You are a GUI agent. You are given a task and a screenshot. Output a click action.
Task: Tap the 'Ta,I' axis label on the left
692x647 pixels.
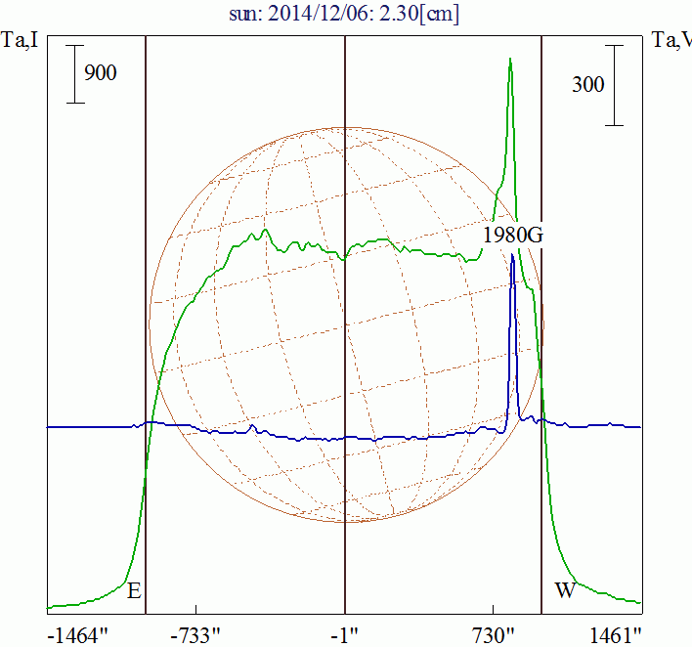tap(20, 41)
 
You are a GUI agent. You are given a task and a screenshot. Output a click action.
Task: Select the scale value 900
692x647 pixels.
tap(101, 72)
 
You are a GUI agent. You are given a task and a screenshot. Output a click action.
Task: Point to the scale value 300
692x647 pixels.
tap(587, 85)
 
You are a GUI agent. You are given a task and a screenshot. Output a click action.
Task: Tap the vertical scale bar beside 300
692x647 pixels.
tap(614, 85)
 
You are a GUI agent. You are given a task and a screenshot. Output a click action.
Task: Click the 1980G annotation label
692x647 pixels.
tap(511, 235)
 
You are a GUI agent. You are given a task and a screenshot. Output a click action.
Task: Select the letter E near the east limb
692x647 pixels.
tap(134, 590)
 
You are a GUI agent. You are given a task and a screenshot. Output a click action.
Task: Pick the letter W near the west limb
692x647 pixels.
tap(564, 590)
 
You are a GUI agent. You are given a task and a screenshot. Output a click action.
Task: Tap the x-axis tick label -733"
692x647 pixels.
tap(197, 635)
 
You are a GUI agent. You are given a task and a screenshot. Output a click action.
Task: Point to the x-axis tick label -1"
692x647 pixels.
tap(345, 635)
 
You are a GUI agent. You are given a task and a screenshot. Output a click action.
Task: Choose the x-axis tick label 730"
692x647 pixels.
tap(493, 635)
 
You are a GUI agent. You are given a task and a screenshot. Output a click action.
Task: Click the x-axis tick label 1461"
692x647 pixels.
tap(617, 635)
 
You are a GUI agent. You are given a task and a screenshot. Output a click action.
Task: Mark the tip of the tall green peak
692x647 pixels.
tap(510, 59)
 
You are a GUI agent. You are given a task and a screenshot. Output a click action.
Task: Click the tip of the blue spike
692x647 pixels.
tap(512, 255)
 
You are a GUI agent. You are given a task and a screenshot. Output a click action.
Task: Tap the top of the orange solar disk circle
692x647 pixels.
tap(345, 127)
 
